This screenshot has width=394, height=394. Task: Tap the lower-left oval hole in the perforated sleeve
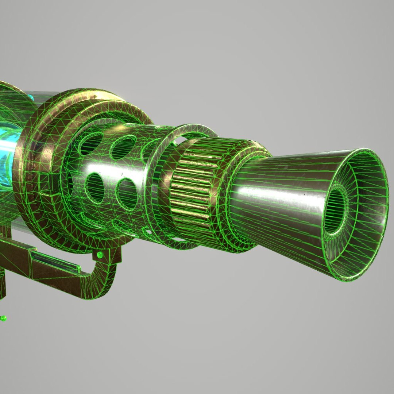pos(96,188)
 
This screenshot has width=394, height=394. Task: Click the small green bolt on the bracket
pos(99,255)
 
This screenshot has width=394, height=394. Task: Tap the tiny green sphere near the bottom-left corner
pos(4,318)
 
